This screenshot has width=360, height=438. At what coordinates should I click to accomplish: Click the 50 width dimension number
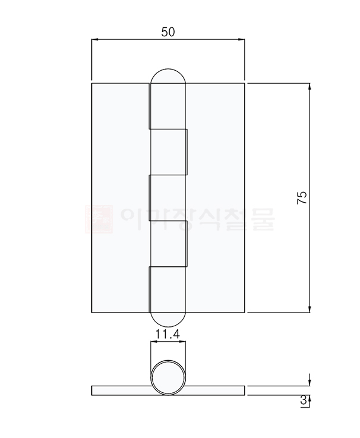click(x=168, y=33)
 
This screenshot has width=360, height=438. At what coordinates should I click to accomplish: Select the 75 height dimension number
click(x=302, y=198)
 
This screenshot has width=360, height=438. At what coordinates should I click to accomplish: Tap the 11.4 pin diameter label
click(x=168, y=334)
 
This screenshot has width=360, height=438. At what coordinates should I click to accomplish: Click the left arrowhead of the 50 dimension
click(x=94, y=40)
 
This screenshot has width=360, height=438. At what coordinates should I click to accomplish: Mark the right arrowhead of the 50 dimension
click(x=241, y=40)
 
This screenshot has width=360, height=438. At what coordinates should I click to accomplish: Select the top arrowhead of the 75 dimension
click(x=310, y=87)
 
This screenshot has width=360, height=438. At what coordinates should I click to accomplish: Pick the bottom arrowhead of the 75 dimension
click(x=310, y=308)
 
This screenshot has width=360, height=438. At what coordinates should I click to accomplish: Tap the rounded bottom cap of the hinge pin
click(x=168, y=320)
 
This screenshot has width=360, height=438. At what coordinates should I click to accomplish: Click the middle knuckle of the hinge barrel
click(x=168, y=198)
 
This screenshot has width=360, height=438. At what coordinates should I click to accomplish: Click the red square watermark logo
click(x=99, y=218)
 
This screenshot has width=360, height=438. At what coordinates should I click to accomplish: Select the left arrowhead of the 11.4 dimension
click(x=153, y=342)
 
